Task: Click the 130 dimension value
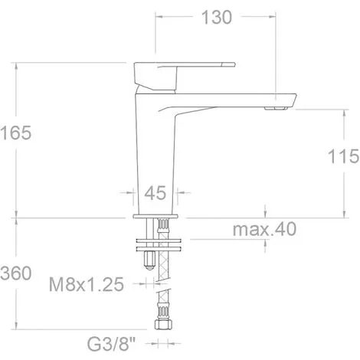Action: pos(217,18)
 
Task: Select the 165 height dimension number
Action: pos(16,133)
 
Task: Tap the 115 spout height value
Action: pos(343,156)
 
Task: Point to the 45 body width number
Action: pos(155,193)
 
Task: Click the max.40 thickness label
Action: pos(264,229)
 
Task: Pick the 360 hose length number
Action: pos(16,273)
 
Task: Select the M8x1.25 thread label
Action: pos(87,284)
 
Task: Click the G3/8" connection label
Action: pos(111,345)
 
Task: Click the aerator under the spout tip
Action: pos(276,109)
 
